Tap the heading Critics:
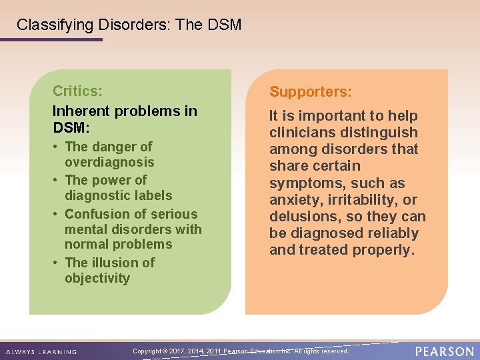coord(77,90)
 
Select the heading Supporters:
coord(310,91)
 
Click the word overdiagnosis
coord(109,162)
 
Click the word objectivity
coord(97,278)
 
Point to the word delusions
coord(299,217)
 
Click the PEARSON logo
coord(444,351)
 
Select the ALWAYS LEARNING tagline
coord(41,351)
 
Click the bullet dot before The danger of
coord(56,147)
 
